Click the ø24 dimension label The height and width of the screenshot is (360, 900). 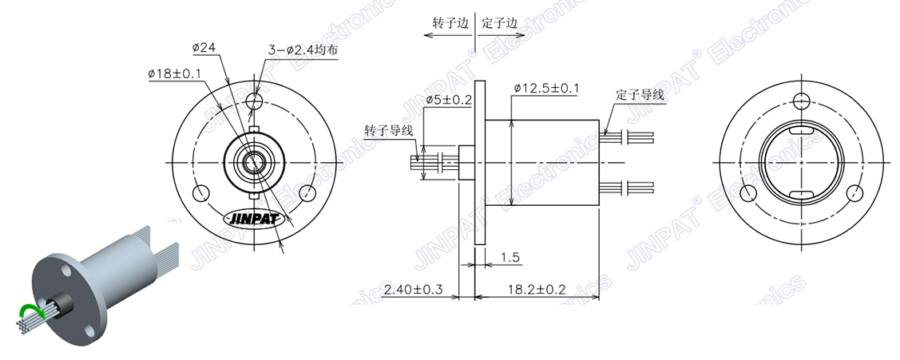[205, 48]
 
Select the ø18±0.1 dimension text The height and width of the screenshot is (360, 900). [174, 73]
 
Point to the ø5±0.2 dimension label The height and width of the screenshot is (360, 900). [449, 100]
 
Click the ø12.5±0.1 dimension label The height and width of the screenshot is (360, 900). [546, 87]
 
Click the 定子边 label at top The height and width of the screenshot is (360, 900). [500, 23]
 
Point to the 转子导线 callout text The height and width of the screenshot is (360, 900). [388, 130]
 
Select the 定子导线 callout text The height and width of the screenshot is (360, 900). [640, 94]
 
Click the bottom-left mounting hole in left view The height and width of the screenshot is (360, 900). [201, 192]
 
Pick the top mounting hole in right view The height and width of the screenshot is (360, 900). [801, 101]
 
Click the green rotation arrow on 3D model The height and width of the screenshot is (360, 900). [30, 311]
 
